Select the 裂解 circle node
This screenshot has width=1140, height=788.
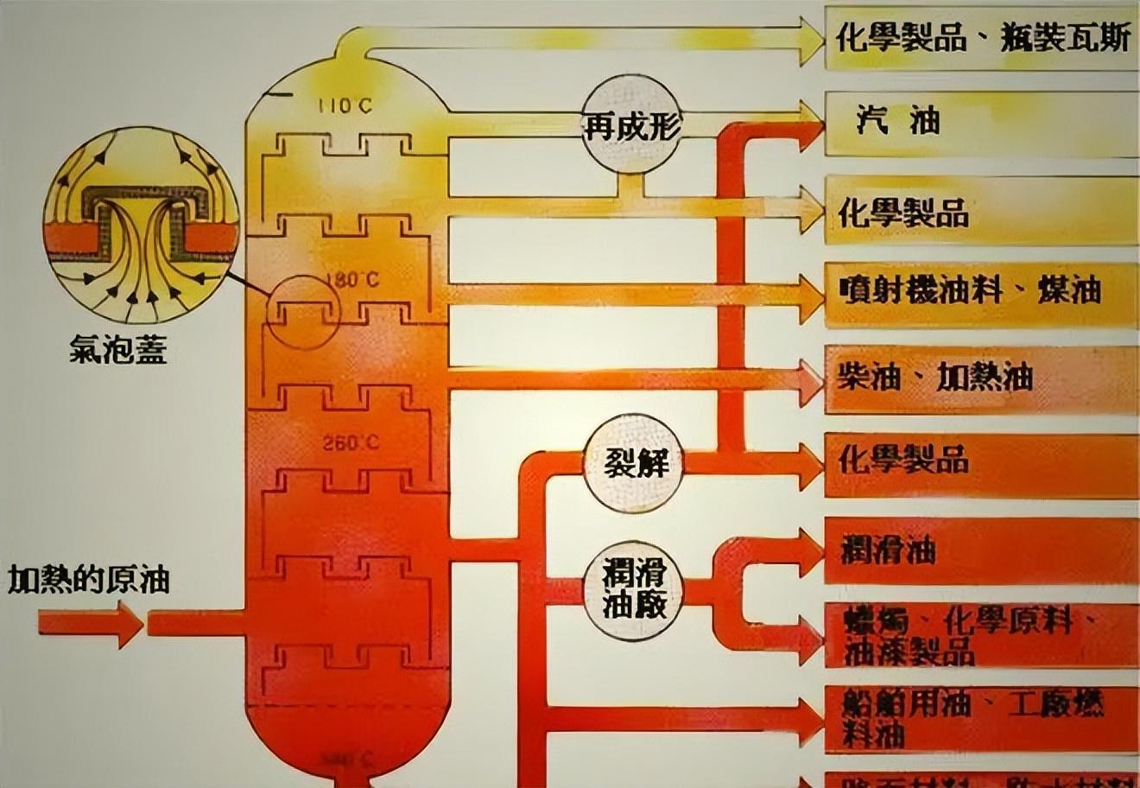point(638,464)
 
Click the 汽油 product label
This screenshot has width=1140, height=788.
point(899,120)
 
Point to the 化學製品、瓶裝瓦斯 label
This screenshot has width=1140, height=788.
point(983,39)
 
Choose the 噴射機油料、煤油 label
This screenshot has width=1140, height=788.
point(970,289)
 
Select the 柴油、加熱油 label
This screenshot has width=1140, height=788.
point(934,377)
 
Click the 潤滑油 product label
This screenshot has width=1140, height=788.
point(889,550)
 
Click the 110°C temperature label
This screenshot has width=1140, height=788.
point(345,107)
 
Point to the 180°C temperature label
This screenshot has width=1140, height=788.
point(352,280)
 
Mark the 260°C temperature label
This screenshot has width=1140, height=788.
point(351,443)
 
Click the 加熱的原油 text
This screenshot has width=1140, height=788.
point(88,580)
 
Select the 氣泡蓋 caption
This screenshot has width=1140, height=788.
point(118,350)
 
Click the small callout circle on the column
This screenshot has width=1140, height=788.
point(301,312)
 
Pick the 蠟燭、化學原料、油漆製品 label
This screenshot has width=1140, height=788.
point(959,635)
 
